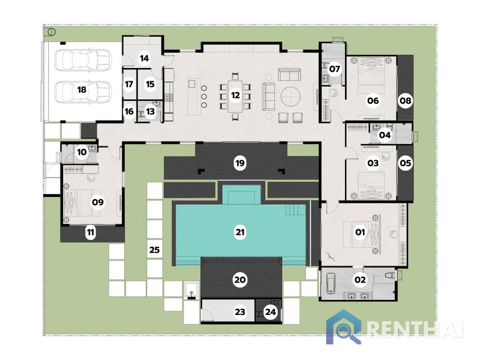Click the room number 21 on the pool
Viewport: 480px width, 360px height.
240,232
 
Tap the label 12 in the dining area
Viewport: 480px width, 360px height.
235,95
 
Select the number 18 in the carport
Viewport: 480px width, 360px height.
81,90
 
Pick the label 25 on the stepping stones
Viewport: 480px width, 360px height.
155,250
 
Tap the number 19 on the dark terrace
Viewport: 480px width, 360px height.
240,163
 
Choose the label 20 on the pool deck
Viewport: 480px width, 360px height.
240,279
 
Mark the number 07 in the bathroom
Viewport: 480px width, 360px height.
334,68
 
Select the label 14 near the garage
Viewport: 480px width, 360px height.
144,58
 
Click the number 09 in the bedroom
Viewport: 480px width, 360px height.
98,202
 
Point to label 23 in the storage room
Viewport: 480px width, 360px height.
240,312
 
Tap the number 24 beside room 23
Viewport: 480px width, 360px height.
270,312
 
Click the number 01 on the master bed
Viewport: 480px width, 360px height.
360,232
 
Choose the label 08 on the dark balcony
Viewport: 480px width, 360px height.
405,100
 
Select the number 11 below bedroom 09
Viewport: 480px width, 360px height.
90,232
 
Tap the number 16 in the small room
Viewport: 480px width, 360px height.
129,112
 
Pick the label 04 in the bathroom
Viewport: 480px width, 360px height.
385,135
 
